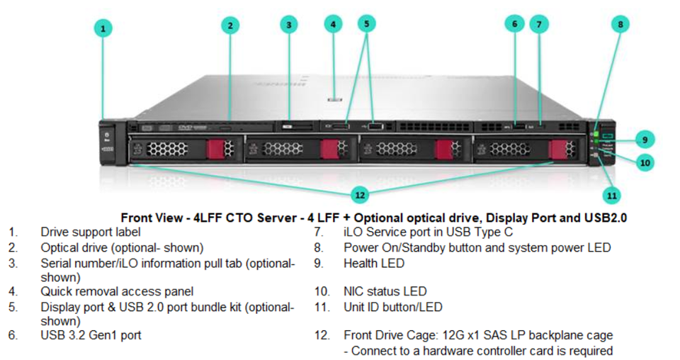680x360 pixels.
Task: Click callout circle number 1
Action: point(103,28)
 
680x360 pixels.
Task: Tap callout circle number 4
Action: point(333,24)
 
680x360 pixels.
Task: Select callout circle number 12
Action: point(361,193)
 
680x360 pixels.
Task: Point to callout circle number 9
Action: point(645,138)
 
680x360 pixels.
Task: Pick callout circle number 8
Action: point(620,23)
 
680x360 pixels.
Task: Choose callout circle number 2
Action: point(229,26)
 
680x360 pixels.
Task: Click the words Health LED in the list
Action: point(374,263)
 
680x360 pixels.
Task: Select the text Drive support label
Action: point(91,232)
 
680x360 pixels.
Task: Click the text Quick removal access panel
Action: point(117,291)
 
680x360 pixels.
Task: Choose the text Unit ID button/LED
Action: point(393,307)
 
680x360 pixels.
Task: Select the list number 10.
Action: point(322,291)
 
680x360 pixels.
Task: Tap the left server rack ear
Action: point(107,141)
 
